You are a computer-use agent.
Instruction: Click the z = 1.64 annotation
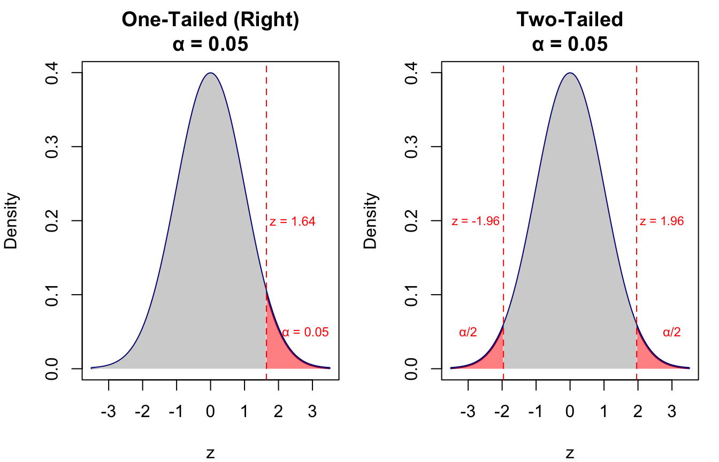(x=293, y=221)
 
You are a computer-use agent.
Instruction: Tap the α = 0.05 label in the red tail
(x=305, y=332)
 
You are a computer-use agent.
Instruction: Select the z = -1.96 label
(x=476, y=221)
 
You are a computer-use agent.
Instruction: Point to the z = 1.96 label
(x=662, y=221)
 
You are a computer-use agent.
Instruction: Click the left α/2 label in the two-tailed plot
(x=468, y=332)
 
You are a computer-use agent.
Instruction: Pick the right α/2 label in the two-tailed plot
(x=671, y=332)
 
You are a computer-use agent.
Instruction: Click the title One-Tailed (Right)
(x=210, y=20)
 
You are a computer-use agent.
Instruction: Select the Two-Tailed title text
(x=570, y=20)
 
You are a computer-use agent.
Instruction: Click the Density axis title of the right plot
(x=371, y=221)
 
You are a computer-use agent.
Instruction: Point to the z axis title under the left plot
(x=210, y=453)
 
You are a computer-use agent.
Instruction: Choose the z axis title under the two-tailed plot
(x=570, y=453)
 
